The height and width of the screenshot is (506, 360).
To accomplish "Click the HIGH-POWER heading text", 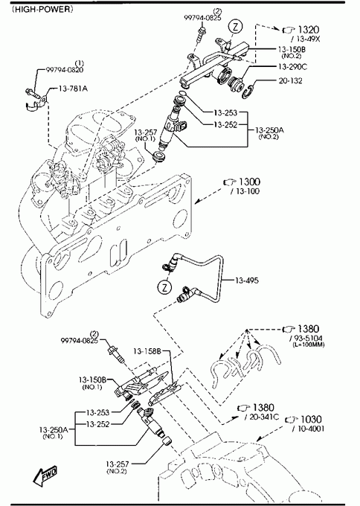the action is [42, 9].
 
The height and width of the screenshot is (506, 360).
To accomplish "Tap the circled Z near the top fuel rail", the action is [236, 27].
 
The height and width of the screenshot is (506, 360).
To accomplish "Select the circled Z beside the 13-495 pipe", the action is [165, 287].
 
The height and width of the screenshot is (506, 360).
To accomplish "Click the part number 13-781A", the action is [73, 88].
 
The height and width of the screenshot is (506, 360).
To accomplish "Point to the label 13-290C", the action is [292, 67].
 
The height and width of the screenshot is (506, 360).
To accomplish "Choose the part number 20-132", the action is [290, 80].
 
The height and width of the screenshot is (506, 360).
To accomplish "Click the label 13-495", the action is [247, 281].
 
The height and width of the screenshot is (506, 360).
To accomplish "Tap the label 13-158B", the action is [147, 351].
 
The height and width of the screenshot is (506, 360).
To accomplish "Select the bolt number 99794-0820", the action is [65, 69].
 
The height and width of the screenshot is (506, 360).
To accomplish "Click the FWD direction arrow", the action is [45, 475].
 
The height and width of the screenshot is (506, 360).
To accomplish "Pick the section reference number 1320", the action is [309, 30].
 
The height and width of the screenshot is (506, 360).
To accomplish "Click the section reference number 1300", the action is [249, 182].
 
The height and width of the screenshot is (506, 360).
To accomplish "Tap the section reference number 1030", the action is [311, 419].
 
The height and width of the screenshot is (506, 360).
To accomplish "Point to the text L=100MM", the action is [309, 345].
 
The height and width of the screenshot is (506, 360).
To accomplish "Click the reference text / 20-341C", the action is [262, 417].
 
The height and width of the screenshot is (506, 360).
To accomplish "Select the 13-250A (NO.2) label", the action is [269, 132].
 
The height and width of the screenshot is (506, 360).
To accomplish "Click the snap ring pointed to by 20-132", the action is [248, 91].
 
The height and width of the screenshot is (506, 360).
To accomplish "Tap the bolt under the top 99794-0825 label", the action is [199, 35].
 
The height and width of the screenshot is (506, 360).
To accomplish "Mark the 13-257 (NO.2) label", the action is [117, 467].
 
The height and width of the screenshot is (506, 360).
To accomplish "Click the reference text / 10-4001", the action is [308, 429].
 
